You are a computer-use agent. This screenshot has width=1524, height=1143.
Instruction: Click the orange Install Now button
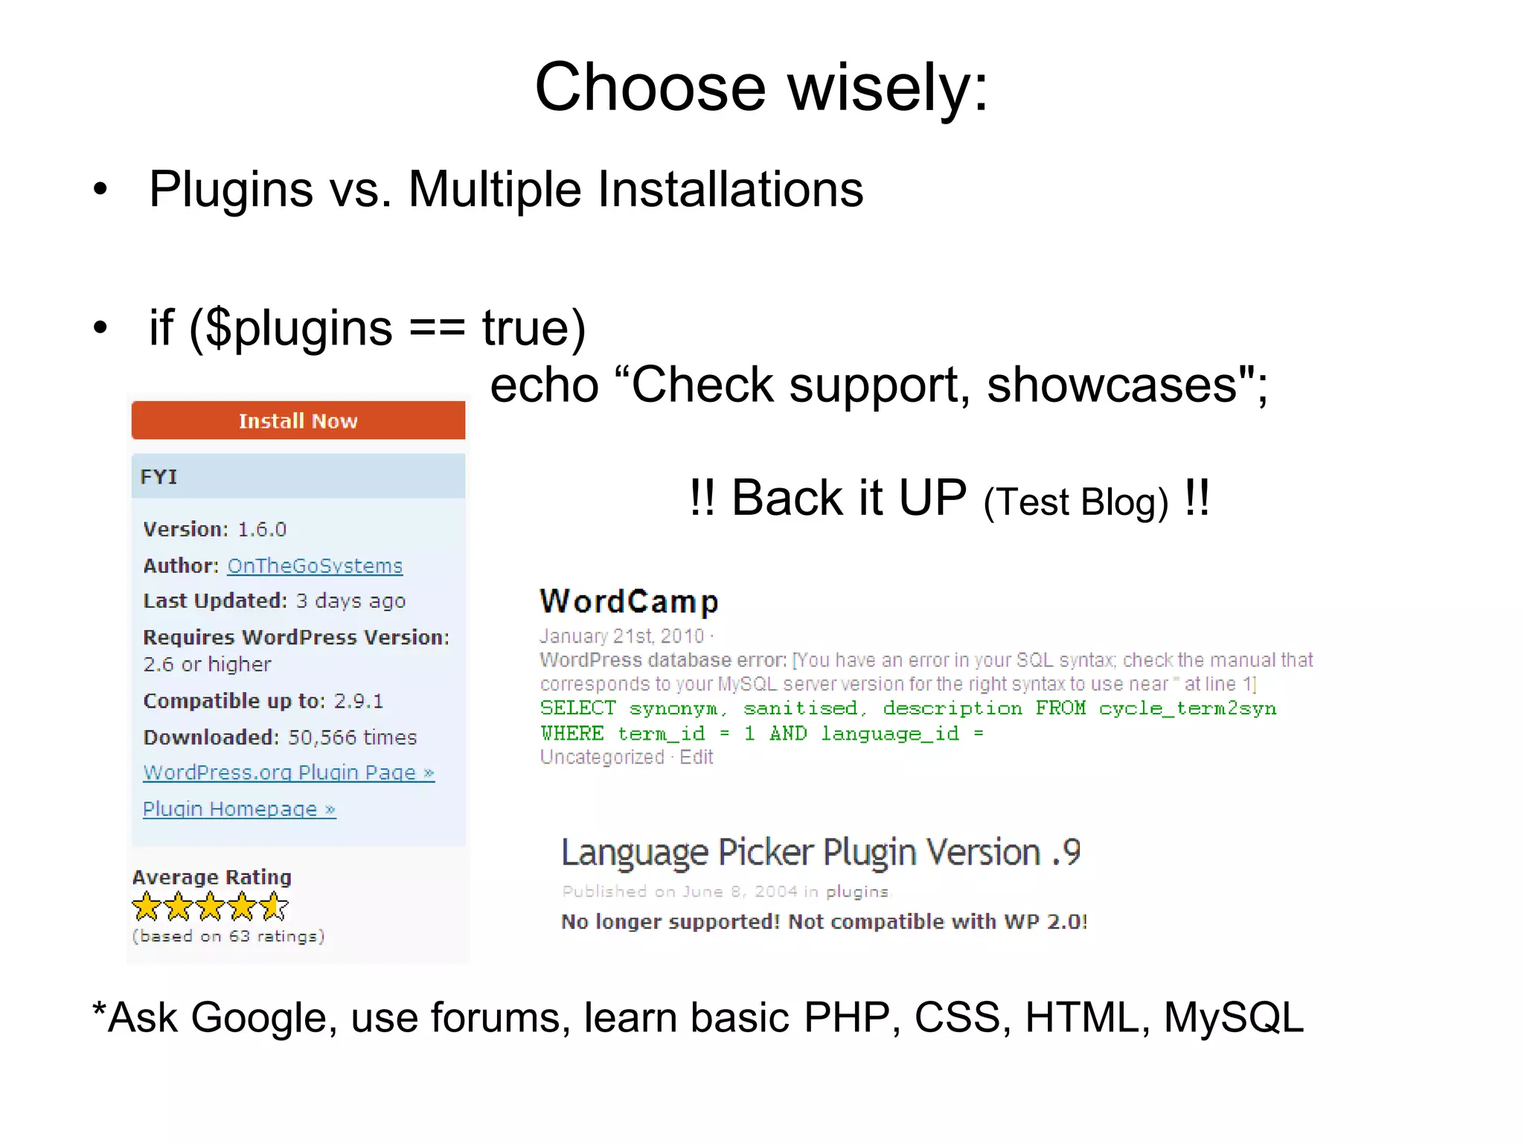click(x=298, y=420)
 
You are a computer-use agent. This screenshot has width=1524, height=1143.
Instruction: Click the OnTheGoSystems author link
click(x=315, y=566)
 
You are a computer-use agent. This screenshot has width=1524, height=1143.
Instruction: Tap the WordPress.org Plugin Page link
click(x=289, y=772)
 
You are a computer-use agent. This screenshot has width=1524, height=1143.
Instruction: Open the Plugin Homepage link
click(x=239, y=809)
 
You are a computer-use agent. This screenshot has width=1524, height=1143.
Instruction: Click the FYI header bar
click(x=298, y=476)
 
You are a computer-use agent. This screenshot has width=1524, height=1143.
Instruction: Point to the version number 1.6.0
click(x=262, y=529)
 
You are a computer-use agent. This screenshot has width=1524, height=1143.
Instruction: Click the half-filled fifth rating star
click(x=274, y=906)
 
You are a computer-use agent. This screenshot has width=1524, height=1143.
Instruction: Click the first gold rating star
click(x=146, y=906)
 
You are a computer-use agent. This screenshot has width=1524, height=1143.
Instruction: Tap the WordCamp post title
click(x=630, y=601)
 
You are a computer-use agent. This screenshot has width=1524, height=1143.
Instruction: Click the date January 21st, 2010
click(x=622, y=636)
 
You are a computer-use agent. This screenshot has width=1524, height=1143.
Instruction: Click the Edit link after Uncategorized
click(x=697, y=758)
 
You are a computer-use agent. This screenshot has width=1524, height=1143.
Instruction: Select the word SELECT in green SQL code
click(x=578, y=708)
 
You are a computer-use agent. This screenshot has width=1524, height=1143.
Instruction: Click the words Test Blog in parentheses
click(x=1075, y=502)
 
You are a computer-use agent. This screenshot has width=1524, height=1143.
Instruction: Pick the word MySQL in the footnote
click(x=1233, y=1017)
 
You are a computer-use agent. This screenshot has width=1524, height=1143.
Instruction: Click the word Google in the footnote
click(x=258, y=1017)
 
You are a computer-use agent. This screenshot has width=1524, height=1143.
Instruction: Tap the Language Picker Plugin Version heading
click(x=821, y=852)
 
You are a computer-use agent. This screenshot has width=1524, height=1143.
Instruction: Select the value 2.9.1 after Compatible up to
click(x=359, y=701)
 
